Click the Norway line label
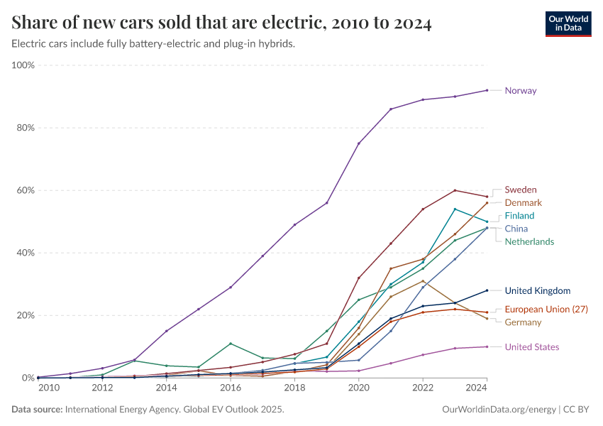point(520,91)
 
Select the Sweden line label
point(520,190)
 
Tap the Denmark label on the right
point(523,203)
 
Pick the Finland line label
point(519,216)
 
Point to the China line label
point(516,229)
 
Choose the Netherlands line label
point(529,241)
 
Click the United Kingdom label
point(537,290)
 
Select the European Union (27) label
point(546,310)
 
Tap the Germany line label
point(523,322)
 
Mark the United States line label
point(531,347)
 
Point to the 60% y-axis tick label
point(26,190)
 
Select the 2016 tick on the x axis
point(231,388)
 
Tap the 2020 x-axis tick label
point(358,388)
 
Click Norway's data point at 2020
point(358,143)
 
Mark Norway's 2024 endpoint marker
point(487,90)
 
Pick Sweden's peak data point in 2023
point(455,190)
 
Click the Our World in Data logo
point(568,23)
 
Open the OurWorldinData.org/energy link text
point(499,410)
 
